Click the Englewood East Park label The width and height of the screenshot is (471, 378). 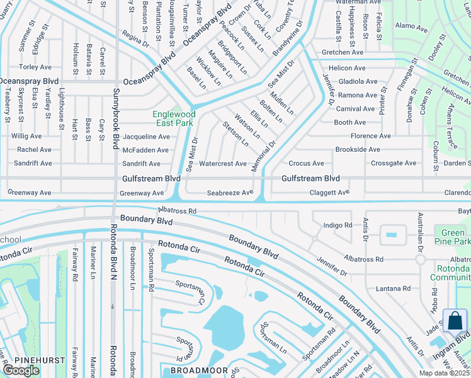(x=173, y=118)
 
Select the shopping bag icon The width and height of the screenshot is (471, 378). (x=455, y=321)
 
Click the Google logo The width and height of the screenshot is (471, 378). (x=21, y=370)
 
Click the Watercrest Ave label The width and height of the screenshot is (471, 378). (x=223, y=164)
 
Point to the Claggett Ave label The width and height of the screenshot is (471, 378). (x=329, y=193)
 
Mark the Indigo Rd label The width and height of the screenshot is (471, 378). (x=337, y=225)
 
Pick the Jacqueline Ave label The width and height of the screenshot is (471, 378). (x=146, y=137)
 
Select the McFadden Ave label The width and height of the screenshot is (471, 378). (x=145, y=150)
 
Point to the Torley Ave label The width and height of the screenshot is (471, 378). (x=35, y=67)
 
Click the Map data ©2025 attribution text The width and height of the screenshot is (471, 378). (x=444, y=373)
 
